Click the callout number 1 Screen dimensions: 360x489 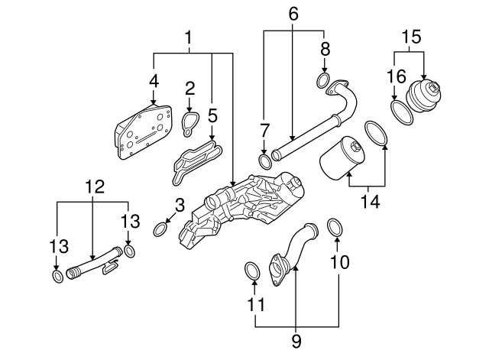click(188, 37)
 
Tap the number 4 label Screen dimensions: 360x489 click(154, 80)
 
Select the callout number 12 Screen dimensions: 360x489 click(93, 186)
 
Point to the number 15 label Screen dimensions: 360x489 click(412, 36)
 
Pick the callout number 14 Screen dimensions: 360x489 click(371, 203)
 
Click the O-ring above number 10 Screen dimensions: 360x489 click(335, 226)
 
